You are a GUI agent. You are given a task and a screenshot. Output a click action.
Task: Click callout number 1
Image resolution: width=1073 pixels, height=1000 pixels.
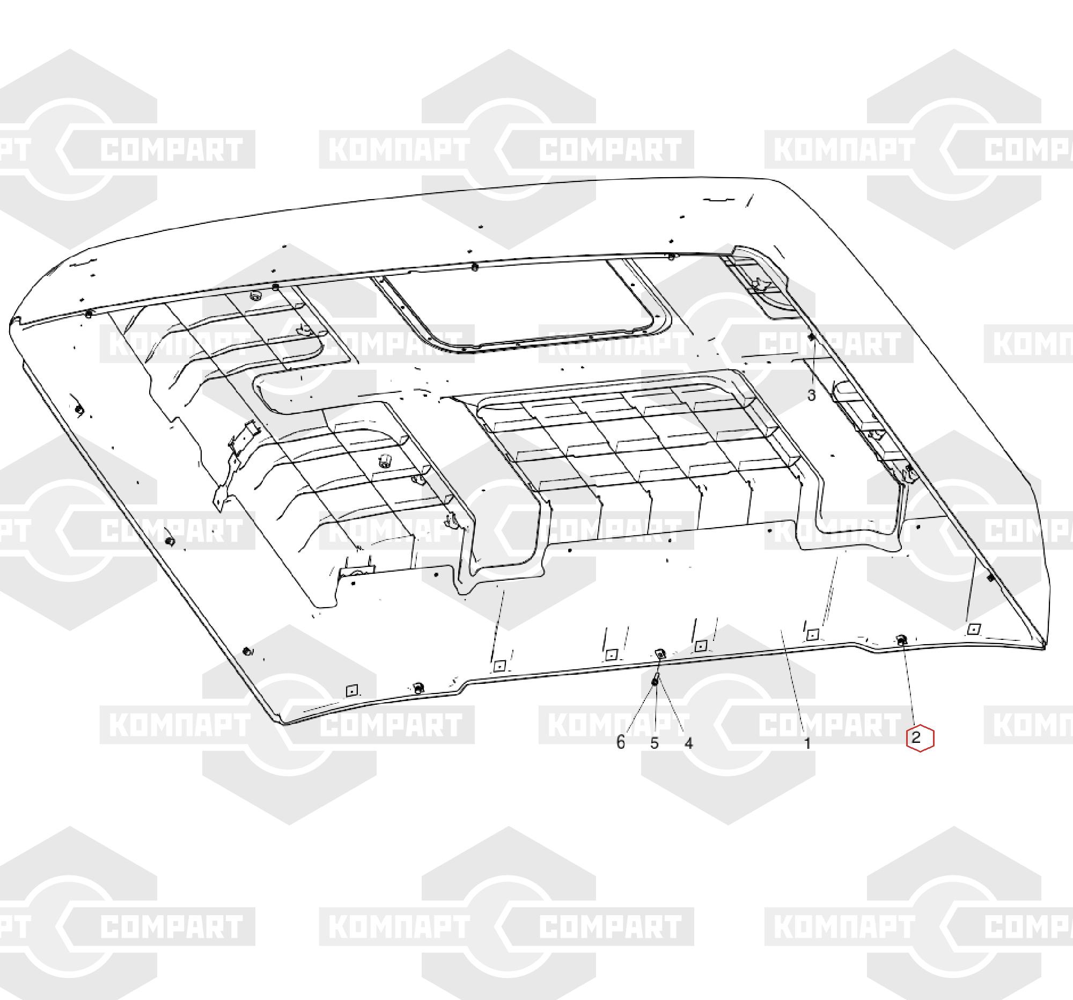coord(807,743)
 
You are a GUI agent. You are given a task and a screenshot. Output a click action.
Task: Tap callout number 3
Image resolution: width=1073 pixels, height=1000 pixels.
coord(811,396)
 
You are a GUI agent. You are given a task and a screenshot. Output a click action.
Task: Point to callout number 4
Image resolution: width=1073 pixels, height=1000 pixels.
coord(688,743)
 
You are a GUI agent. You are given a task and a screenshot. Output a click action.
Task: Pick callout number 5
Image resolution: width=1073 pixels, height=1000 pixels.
coord(655,743)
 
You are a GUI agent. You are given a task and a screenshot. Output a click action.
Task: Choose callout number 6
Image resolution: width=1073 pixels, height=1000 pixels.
coord(621,743)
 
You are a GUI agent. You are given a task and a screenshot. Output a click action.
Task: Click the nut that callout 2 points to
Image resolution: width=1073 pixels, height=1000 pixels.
coord(901,640)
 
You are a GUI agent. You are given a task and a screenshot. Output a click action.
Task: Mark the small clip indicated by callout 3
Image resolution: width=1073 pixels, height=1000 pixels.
coord(811,337)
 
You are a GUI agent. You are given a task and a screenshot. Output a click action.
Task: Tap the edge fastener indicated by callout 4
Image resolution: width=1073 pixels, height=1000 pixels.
coord(659,654)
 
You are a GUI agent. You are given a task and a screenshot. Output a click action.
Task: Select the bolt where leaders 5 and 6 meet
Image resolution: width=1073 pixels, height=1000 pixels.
coord(655,680)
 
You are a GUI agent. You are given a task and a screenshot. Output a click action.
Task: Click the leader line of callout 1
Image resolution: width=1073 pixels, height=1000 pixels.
coord(793,683)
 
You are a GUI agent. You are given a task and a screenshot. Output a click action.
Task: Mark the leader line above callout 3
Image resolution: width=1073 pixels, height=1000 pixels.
coord(811,363)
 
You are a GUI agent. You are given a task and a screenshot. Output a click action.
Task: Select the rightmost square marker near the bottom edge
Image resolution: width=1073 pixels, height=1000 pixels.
coord(973,629)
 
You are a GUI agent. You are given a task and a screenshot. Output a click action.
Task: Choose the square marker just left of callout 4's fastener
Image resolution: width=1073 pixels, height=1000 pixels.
coord(611,655)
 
